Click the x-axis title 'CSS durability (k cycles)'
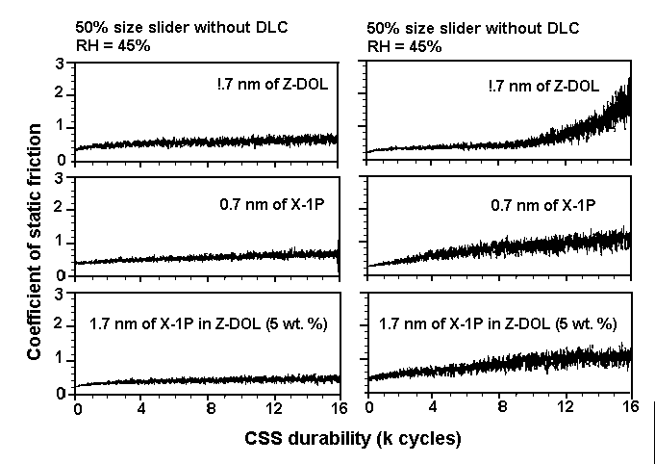(x=351, y=439)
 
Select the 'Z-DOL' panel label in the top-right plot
(x=574, y=86)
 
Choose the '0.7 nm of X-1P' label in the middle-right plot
(x=550, y=205)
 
